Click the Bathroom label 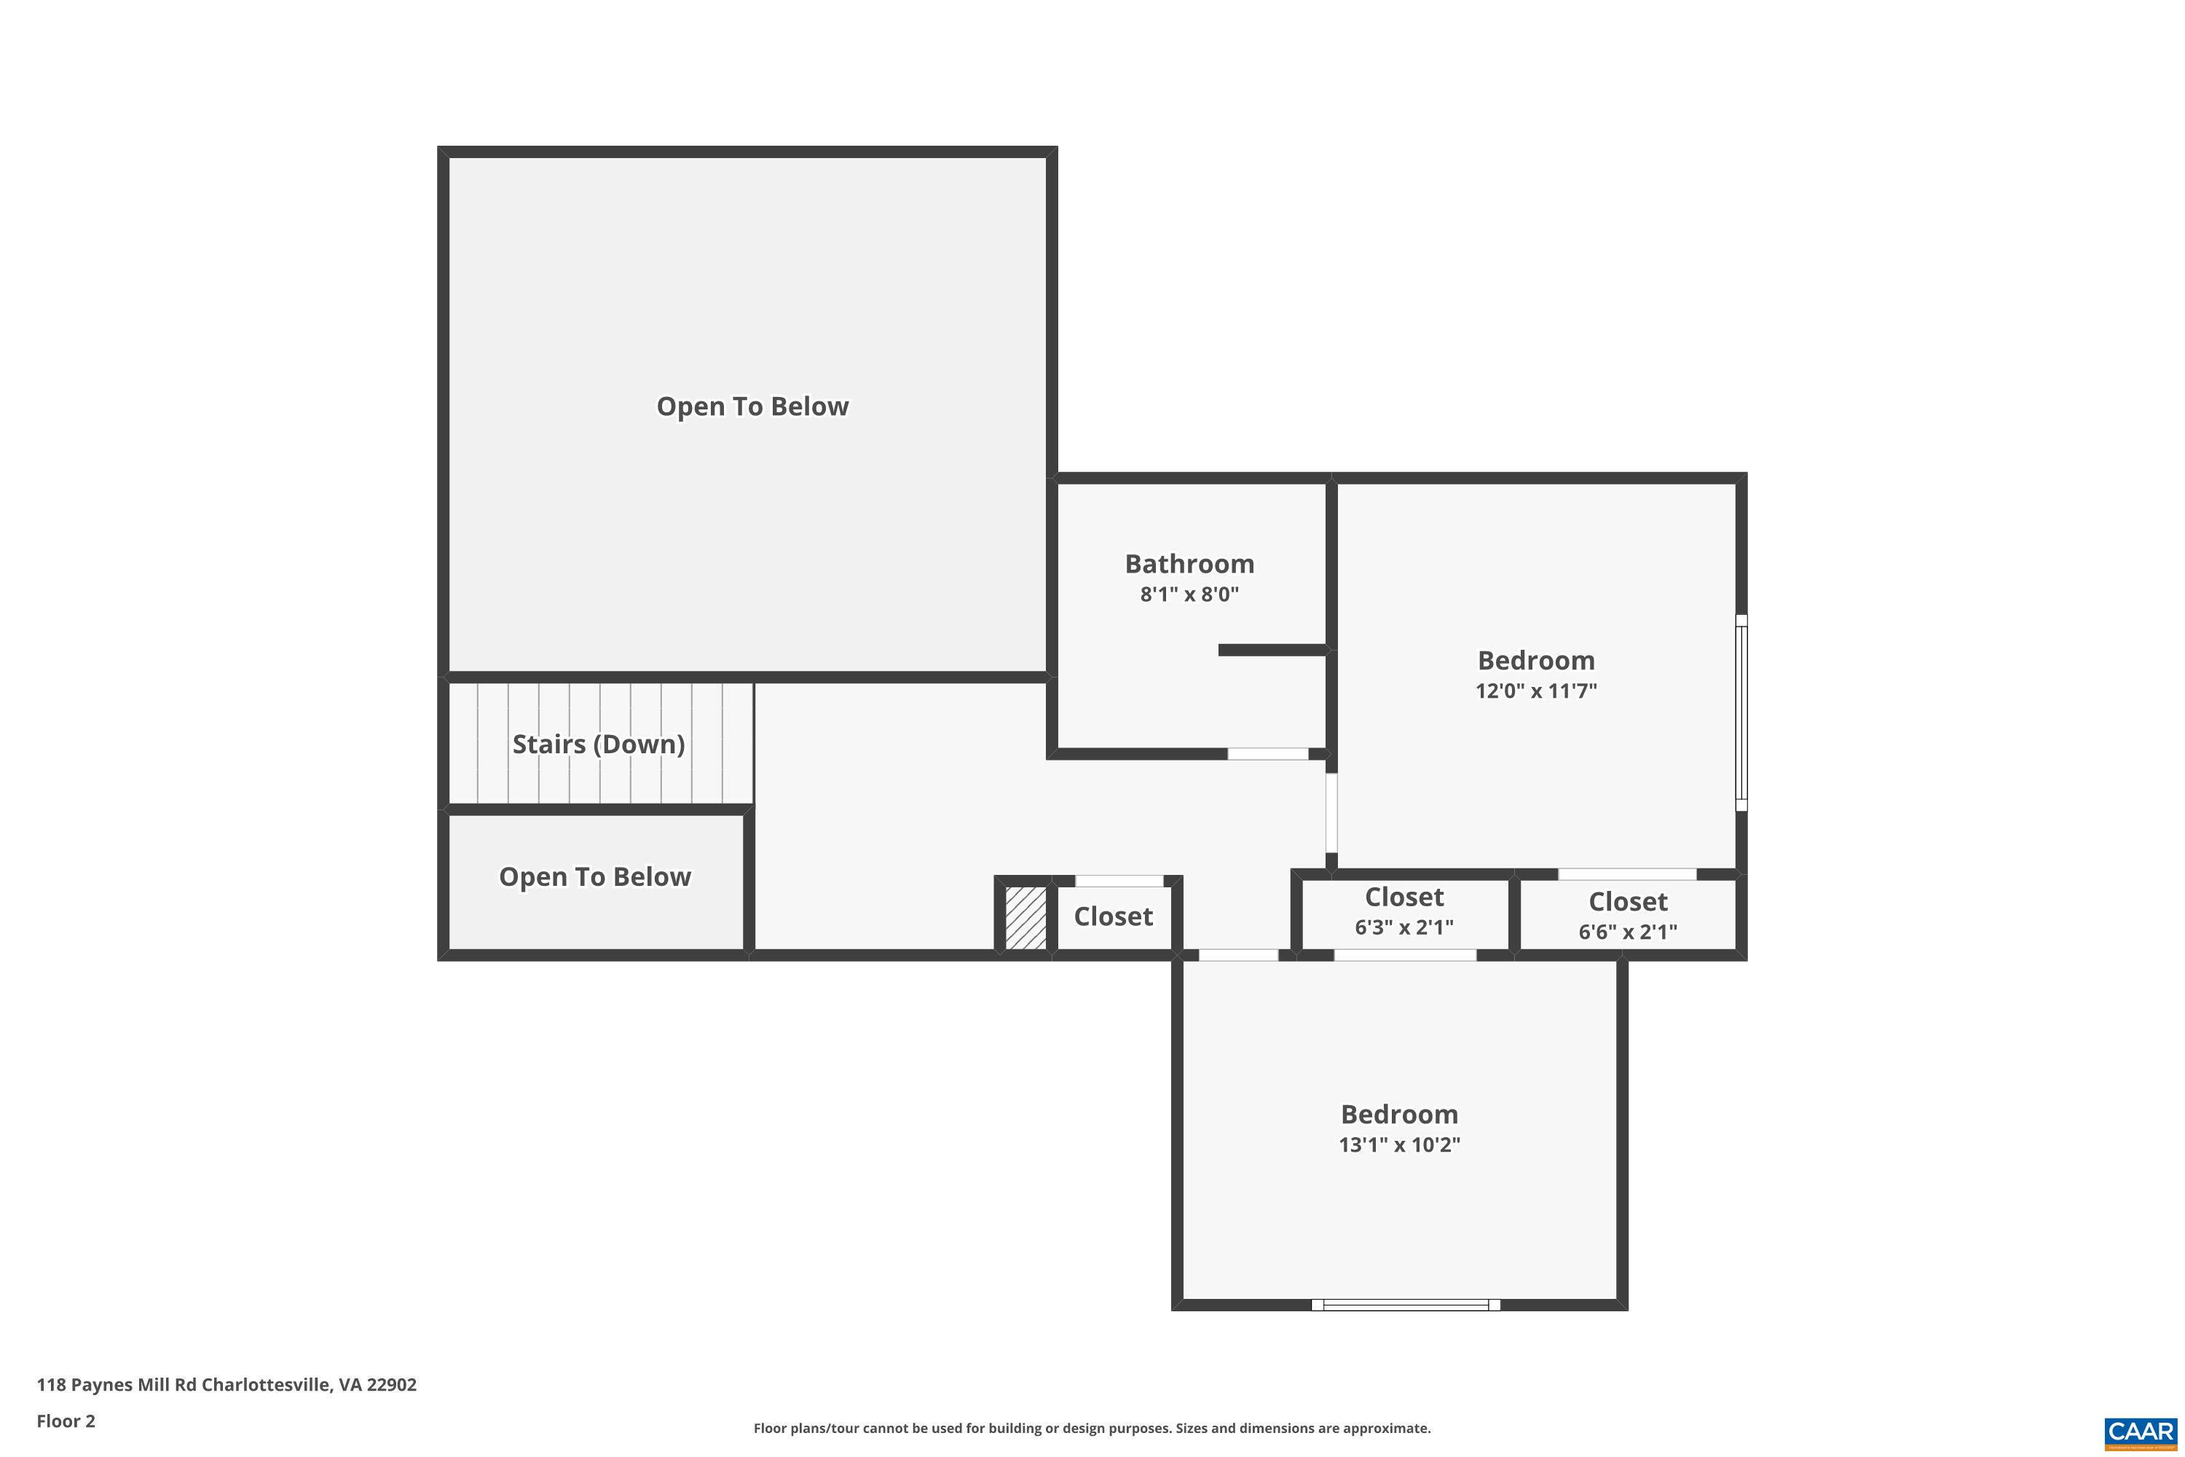coord(1189,564)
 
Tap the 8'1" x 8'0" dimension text coord(1189,594)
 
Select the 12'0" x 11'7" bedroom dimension coord(1535,691)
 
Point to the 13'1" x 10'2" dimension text coord(1399,1144)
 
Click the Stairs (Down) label coord(598,745)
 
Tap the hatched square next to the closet coord(1025,918)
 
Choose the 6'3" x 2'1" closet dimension coord(1403,927)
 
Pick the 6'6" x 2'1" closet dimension coord(1628,932)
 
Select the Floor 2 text coord(66,1421)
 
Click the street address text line coord(227,1385)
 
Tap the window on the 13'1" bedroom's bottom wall coord(1406,1305)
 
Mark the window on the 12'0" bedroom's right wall coord(1742,712)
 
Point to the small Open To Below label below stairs coord(594,877)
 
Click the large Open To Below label coord(752,407)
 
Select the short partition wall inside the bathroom coord(1272,651)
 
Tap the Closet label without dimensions coord(1113,917)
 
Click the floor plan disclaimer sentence coord(1092,1428)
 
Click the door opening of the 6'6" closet coord(1626,874)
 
